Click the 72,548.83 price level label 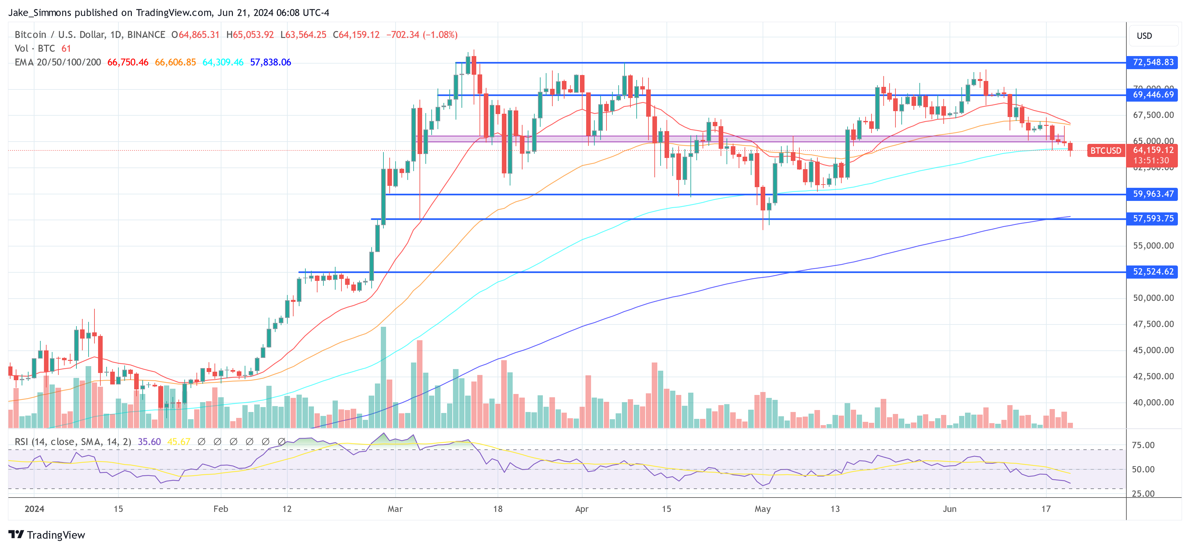1153,62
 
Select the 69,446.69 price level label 1153,95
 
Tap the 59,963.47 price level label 1153,194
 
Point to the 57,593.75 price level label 1153,218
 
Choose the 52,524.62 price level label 1153,271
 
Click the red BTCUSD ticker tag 1105,150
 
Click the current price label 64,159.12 1153,150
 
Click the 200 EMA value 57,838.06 270,62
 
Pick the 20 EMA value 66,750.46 128,62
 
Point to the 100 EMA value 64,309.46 223,62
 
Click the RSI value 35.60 149,442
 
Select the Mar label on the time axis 395,509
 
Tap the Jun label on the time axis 949,509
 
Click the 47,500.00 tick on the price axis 1153,324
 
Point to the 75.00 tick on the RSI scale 1143,445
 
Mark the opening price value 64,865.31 199,35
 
